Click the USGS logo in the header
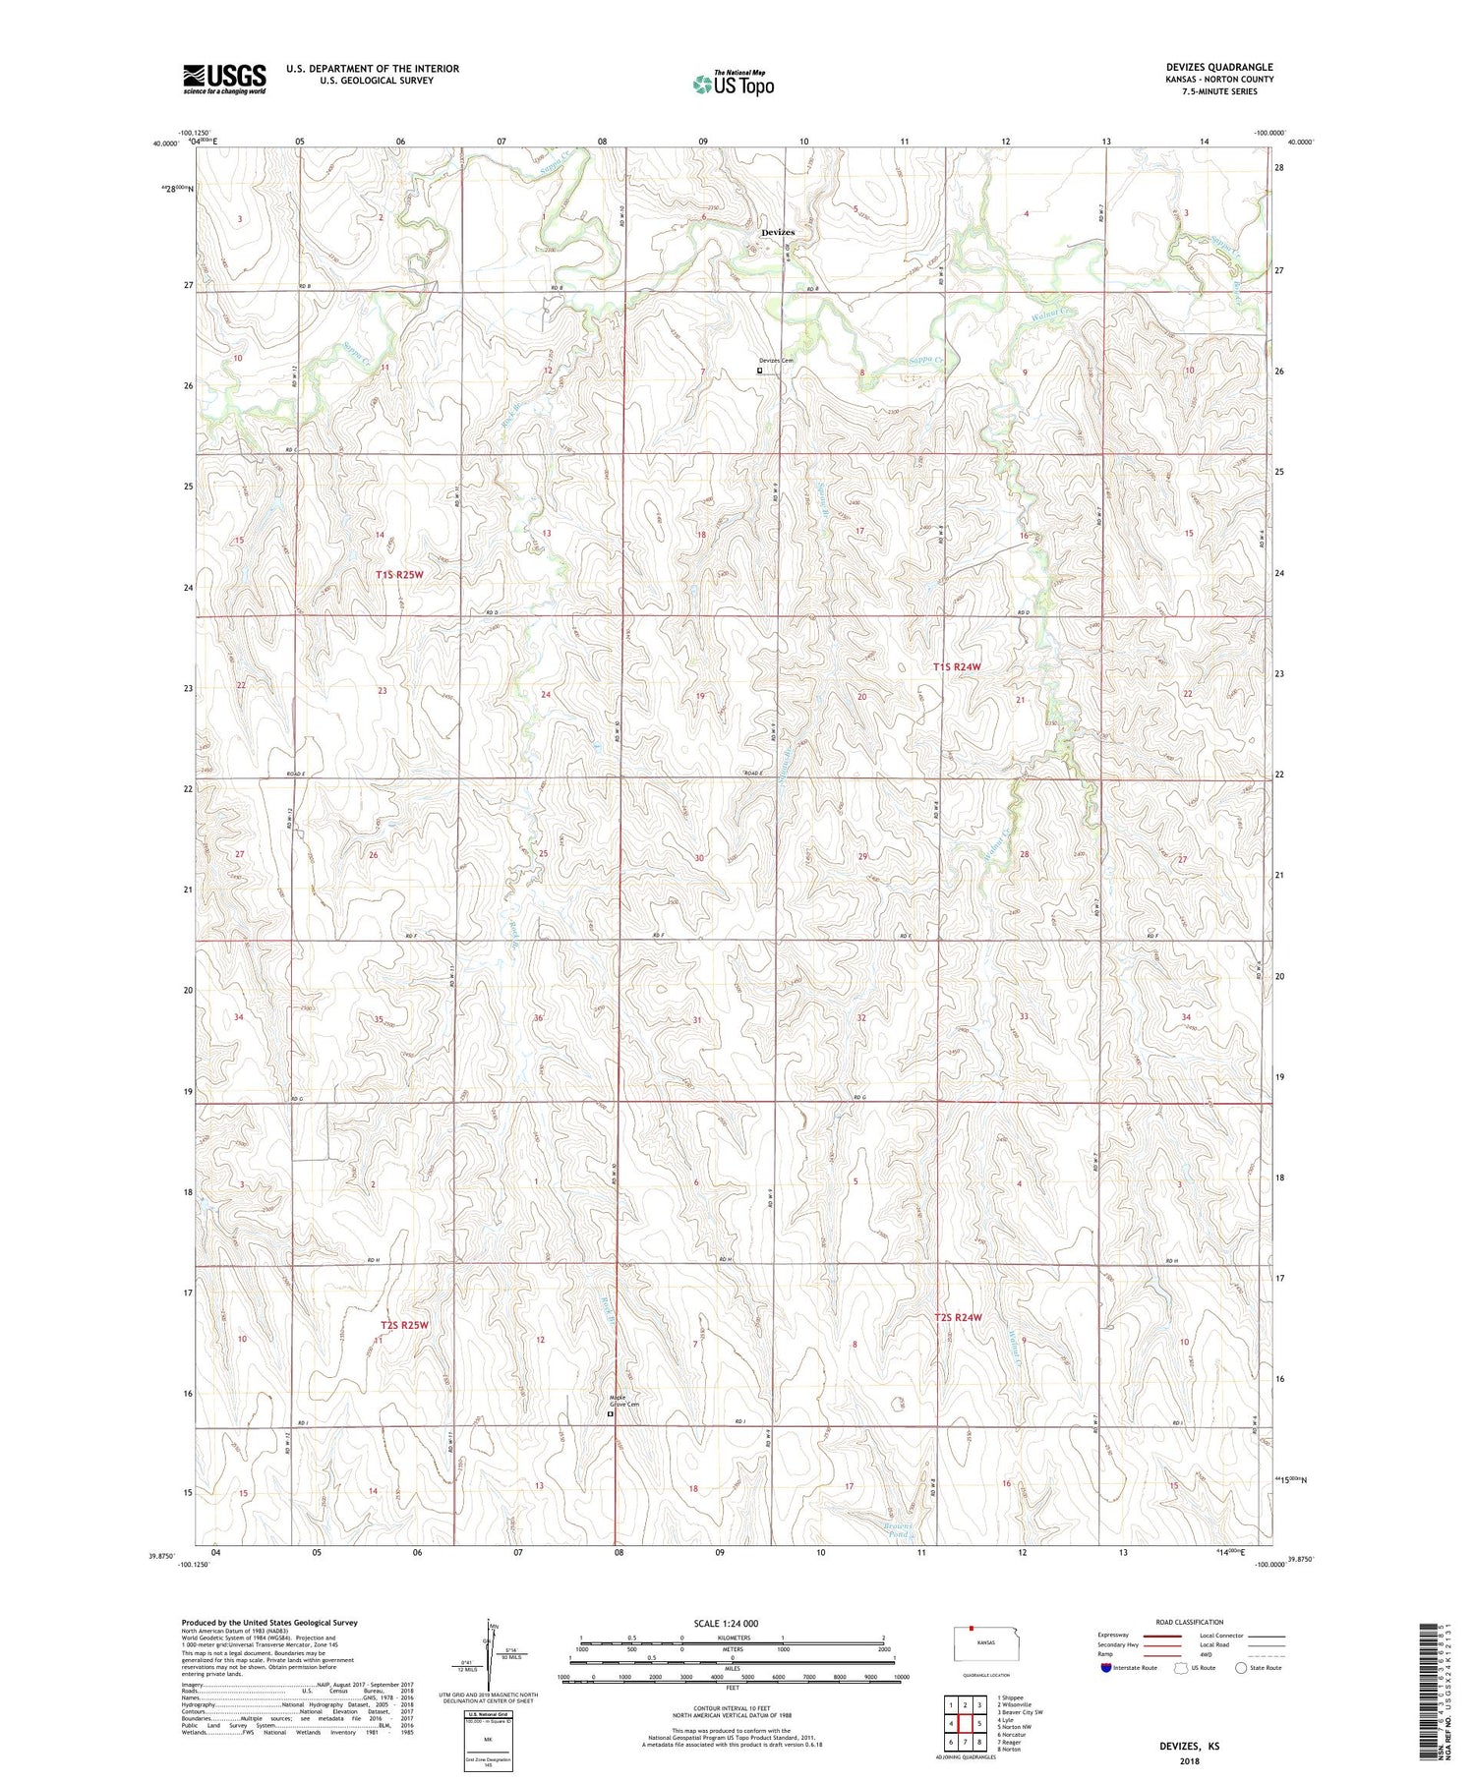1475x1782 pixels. (224, 79)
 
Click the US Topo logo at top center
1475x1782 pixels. (733, 85)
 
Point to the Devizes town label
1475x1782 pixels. (778, 232)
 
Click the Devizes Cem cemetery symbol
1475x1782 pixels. (759, 372)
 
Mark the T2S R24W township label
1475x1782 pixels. (958, 1317)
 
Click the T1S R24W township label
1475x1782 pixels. (957, 667)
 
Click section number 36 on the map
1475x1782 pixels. (538, 1018)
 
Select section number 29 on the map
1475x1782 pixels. (863, 857)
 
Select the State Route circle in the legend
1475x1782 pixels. (1242, 1668)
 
